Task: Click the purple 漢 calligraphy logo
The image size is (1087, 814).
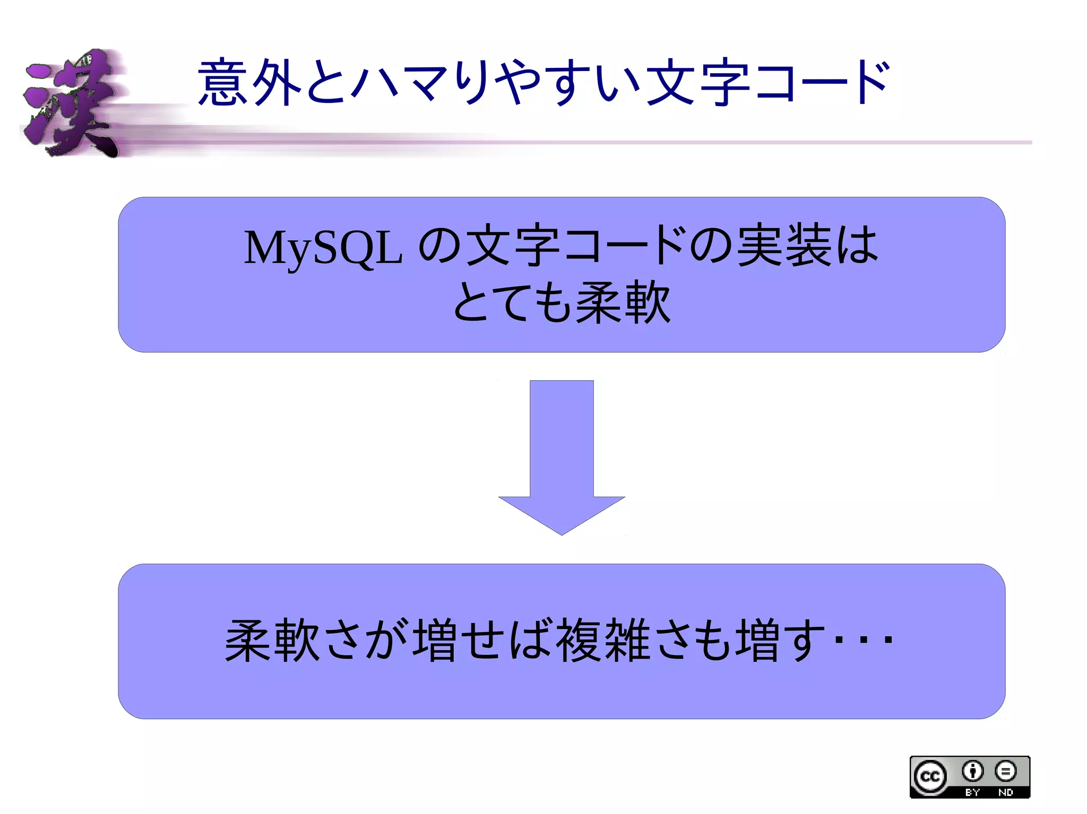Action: (x=72, y=103)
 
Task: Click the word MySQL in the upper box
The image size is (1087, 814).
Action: (x=322, y=248)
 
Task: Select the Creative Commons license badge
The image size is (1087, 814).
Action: (x=970, y=777)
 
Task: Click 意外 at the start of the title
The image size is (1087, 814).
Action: (x=249, y=82)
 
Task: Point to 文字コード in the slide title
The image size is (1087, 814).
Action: (x=767, y=82)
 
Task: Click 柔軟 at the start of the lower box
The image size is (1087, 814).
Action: (x=272, y=641)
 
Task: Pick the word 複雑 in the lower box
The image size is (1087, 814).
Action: (x=603, y=641)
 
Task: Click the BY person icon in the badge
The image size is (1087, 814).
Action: (x=972, y=771)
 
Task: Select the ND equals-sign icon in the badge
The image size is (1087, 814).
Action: (x=1005, y=771)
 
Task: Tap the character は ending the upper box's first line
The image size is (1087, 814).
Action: (x=857, y=245)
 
